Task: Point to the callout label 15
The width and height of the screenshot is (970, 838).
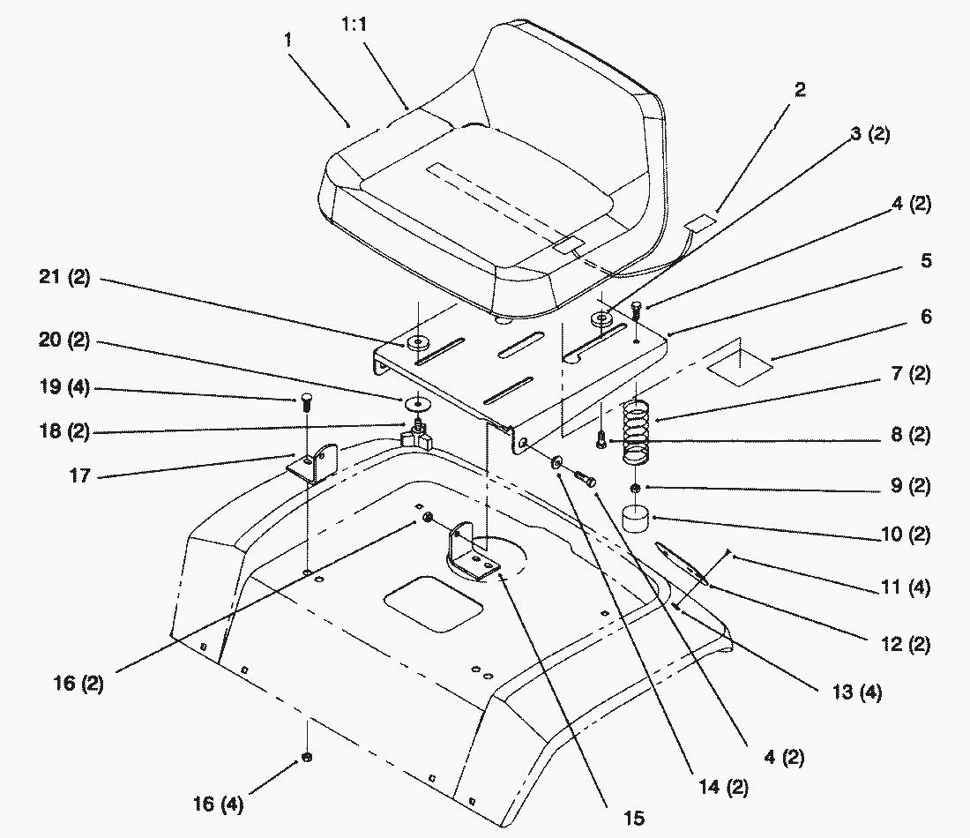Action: (632, 819)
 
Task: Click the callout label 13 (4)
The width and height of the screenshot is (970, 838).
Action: (855, 692)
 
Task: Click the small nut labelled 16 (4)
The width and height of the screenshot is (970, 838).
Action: (306, 758)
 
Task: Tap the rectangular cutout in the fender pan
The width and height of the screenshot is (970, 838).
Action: (433, 602)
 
